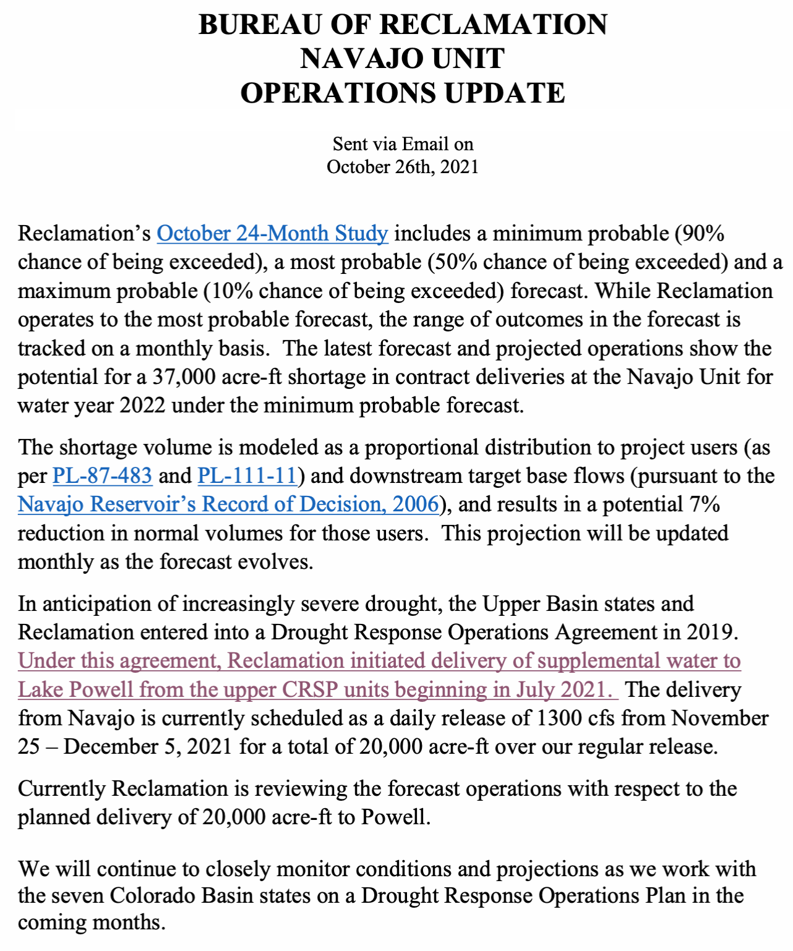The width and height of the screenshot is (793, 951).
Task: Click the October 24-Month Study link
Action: (272, 234)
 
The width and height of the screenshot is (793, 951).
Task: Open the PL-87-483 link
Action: (102, 475)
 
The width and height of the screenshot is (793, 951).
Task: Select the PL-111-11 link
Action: (247, 475)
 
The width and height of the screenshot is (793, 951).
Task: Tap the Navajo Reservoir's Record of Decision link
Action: (228, 505)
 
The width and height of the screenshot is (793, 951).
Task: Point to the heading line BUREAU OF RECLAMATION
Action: (403, 25)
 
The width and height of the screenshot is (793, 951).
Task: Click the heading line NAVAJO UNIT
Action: (403, 59)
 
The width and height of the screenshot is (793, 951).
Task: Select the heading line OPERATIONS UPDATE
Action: (403, 93)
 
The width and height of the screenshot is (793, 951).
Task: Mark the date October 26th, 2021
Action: (403, 167)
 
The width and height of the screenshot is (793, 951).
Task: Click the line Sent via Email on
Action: (403, 144)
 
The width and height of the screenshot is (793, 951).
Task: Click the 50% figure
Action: (455, 262)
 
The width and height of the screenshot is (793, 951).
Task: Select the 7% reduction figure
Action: (706, 505)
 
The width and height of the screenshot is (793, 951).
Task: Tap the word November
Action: (720, 719)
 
